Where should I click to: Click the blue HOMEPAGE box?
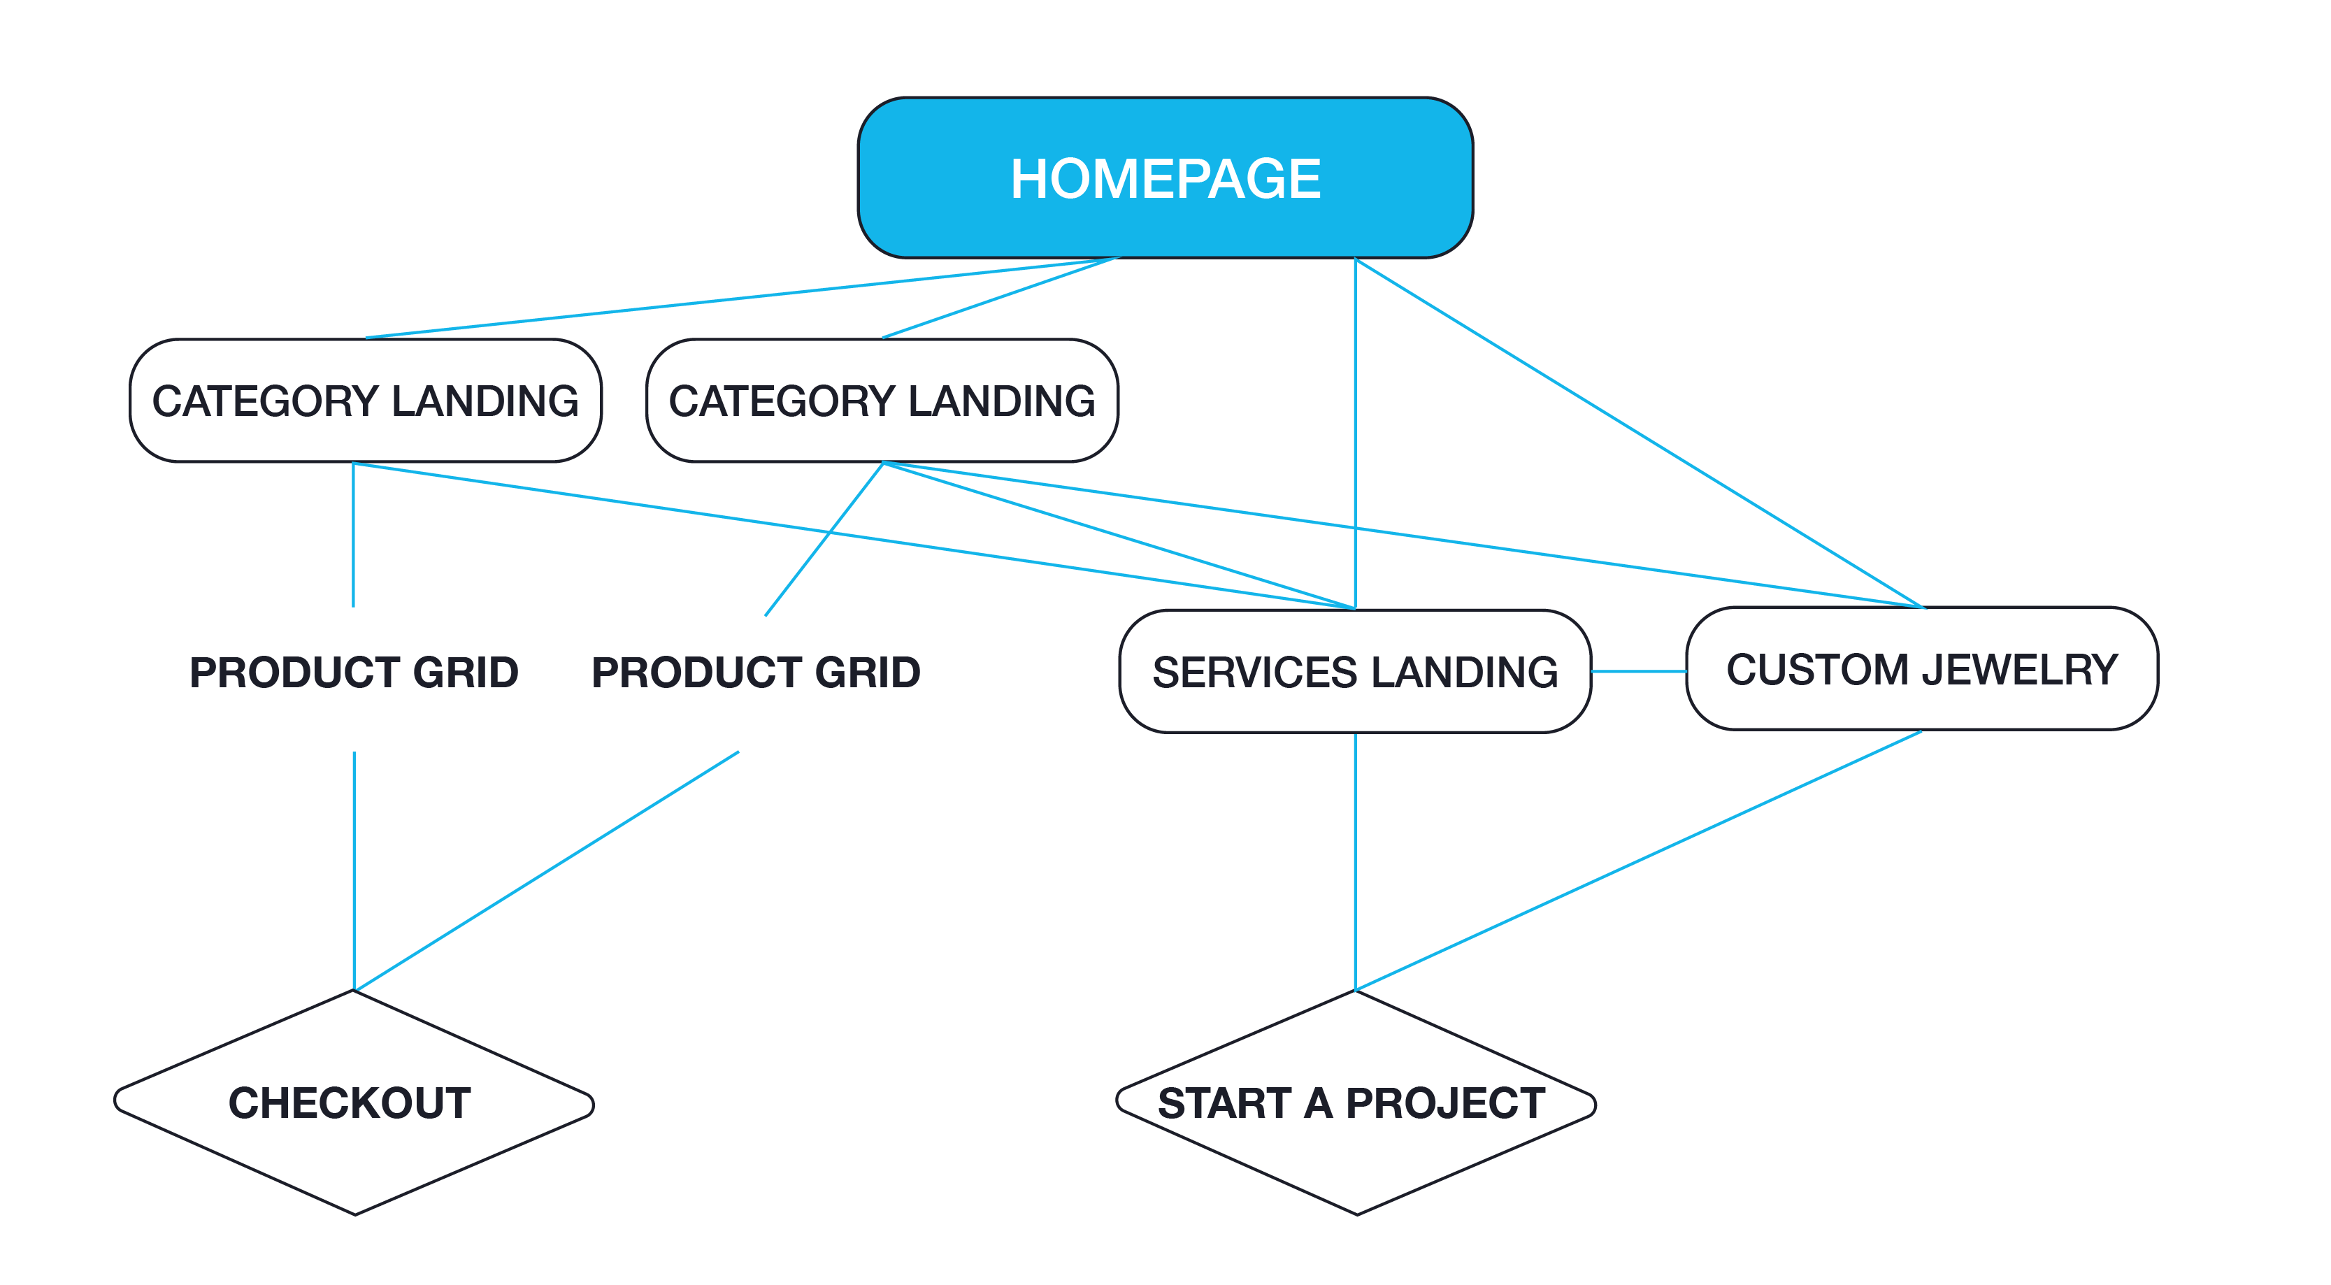tap(1165, 178)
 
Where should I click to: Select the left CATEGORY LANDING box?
tap(365, 401)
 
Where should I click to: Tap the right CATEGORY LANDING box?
tap(882, 401)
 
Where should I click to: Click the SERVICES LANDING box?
tap(1354, 671)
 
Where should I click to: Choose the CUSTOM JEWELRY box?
tap(1921, 669)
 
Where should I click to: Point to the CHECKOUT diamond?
tap(353, 1103)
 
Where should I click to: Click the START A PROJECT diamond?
tap(1354, 1103)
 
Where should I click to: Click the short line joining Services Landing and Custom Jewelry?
tap(1638, 671)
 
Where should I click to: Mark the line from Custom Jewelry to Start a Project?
tap(1638, 861)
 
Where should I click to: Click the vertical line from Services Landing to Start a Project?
tap(1354, 860)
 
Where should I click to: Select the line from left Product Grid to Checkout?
tap(354, 869)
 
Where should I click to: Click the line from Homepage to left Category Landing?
tap(724, 299)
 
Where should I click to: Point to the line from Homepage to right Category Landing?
tap(1000, 298)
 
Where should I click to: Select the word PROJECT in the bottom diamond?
tap(1445, 1103)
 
